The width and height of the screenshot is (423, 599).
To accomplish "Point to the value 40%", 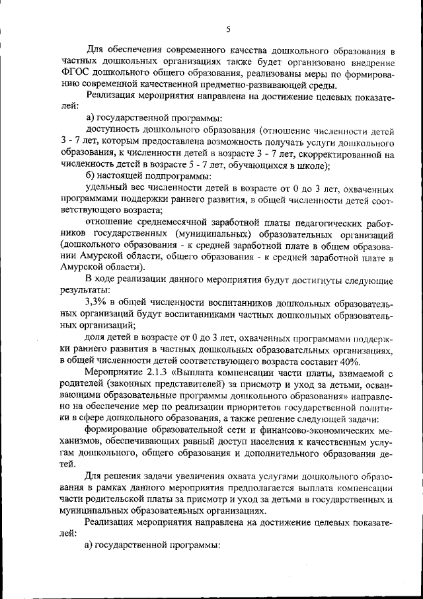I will (348, 361).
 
